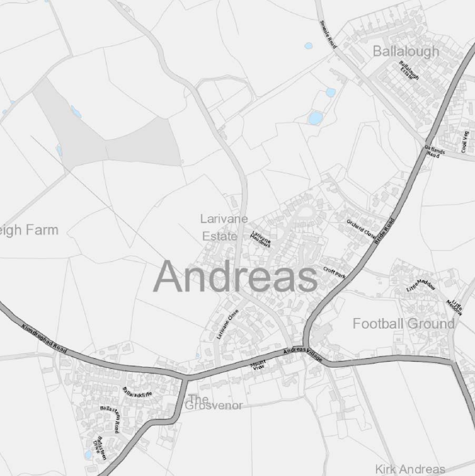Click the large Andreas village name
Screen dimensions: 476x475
click(x=235, y=277)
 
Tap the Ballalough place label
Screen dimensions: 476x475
click(x=405, y=51)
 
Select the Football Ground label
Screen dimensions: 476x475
click(x=403, y=323)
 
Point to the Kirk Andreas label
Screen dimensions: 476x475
click(x=410, y=469)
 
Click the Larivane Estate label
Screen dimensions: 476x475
click(x=224, y=227)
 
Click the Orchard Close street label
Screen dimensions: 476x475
click(x=361, y=228)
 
